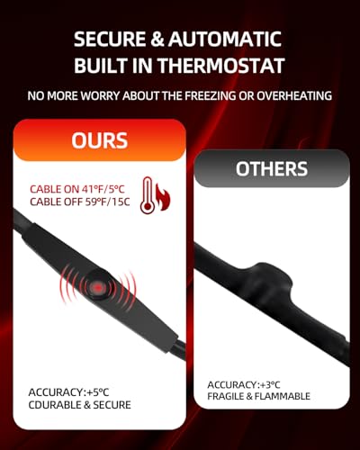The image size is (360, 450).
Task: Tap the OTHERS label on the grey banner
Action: [271, 169]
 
